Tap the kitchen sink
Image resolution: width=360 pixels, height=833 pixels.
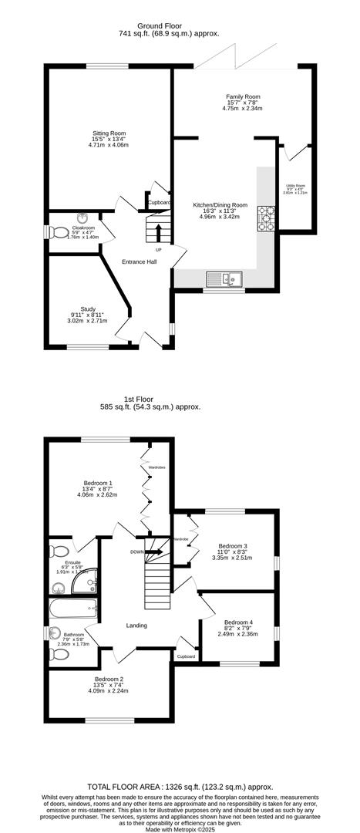point(225,278)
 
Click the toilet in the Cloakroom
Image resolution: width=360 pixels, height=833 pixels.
point(56,231)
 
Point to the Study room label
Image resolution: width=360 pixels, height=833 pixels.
point(88,309)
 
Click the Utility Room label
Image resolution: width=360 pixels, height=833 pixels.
point(295,185)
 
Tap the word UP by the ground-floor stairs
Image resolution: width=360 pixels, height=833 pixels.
point(159,250)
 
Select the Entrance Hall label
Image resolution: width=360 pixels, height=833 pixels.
point(140,262)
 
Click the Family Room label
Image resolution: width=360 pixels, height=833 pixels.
point(244,96)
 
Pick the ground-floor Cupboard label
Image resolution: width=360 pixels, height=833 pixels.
point(159,204)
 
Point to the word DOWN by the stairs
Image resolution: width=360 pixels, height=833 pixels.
point(136,551)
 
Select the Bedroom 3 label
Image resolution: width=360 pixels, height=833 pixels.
point(232,546)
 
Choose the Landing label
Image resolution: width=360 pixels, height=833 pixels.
point(136,625)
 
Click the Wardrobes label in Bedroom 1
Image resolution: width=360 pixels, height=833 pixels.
point(157,467)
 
